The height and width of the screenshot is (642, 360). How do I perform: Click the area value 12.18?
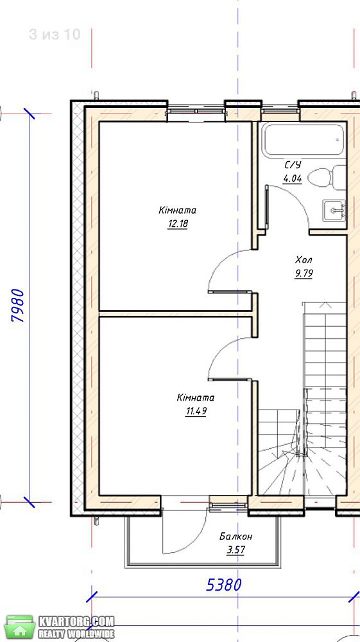178,224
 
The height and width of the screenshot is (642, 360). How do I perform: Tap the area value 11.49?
196,411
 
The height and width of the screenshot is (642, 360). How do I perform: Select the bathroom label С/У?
293,166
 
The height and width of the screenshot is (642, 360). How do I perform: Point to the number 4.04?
293,179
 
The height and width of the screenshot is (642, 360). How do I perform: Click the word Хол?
304,260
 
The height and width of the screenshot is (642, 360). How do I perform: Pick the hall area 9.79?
304,273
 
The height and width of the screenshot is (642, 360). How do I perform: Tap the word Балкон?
236,536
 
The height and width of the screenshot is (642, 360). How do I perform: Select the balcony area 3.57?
236,550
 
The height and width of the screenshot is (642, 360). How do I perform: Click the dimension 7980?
19,306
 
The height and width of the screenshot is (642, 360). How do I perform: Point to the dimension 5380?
224,585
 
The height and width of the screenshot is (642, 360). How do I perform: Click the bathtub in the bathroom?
303,140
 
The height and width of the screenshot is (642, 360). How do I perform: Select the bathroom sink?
334,210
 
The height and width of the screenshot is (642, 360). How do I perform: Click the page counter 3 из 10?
55,35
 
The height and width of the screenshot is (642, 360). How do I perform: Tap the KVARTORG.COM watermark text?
76,621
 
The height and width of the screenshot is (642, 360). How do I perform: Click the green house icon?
20,627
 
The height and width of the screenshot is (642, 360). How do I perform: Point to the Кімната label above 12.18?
178,211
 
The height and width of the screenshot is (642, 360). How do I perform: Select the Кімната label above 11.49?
196,397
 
